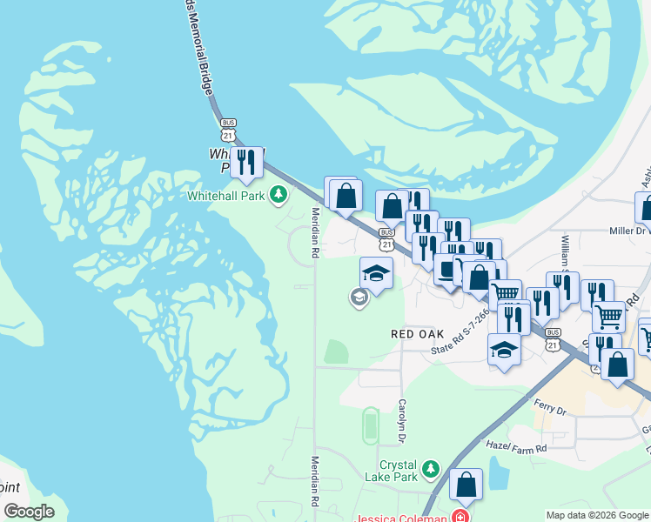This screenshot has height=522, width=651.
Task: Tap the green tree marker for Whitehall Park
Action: point(279,194)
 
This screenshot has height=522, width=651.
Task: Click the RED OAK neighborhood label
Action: point(418,334)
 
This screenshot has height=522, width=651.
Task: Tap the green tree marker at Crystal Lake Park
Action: point(430,471)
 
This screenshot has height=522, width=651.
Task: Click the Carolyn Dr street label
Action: point(402,418)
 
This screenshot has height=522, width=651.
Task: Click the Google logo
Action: point(29,511)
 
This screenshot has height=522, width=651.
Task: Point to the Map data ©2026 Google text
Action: point(597,515)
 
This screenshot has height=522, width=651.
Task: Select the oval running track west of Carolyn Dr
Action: point(370,425)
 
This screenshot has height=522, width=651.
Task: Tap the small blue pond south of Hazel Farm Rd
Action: point(499,473)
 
